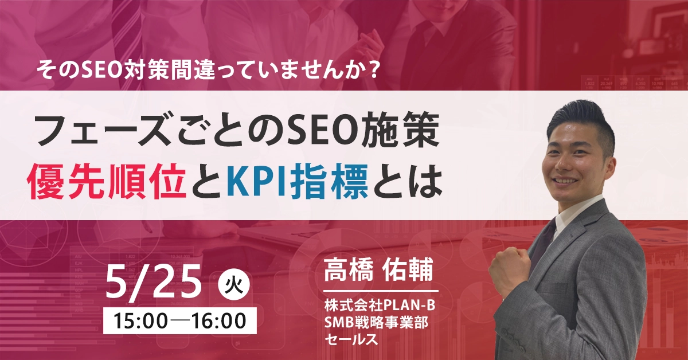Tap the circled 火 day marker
pyautogui.click(x=234, y=285)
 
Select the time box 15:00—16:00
pyautogui.click(x=179, y=320)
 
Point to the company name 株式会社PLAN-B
pyautogui.click(x=380, y=306)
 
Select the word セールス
pyautogui.click(x=351, y=339)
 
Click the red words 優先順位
pyautogui.click(x=107, y=182)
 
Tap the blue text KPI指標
pyautogui.click(x=298, y=182)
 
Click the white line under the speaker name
pyautogui.click(x=381, y=291)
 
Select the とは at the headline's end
pyautogui.click(x=408, y=182)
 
